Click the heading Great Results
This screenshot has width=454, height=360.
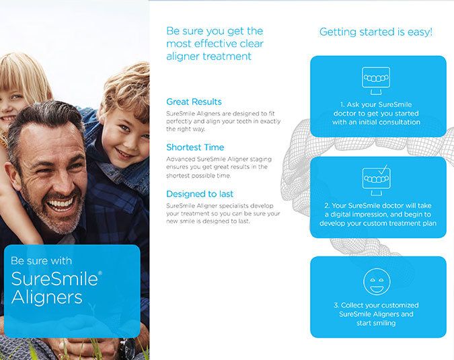click(x=194, y=102)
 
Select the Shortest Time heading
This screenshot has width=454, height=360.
click(x=195, y=147)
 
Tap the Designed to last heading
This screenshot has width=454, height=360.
click(x=200, y=194)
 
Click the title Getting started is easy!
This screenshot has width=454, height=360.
click(x=376, y=32)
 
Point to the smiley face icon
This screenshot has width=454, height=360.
click(x=377, y=281)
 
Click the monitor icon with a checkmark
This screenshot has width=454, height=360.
click(x=377, y=180)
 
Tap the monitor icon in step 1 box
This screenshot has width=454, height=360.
click(x=376, y=81)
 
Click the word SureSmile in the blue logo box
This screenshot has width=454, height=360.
click(x=54, y=279)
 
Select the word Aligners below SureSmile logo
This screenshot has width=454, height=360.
click(x=46, y=297)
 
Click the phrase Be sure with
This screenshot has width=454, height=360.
click(x=41, y=260)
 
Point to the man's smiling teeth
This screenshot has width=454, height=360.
click(x=61, y=204)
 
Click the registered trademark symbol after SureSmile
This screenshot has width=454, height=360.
click(x=100, y=273)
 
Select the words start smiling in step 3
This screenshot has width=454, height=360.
click(x=376, y=323)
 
